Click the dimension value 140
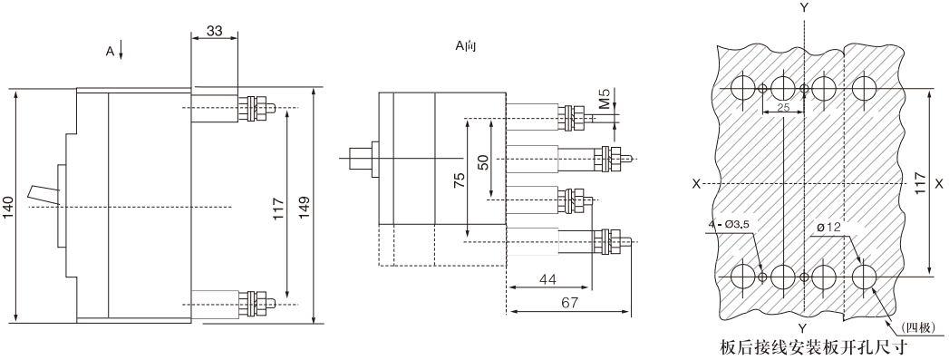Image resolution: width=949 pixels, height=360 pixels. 8,207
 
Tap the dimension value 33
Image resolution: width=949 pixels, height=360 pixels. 214,31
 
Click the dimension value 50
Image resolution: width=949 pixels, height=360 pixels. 483,162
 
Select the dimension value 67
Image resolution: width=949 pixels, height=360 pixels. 569,303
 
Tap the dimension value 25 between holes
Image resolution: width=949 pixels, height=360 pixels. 783,107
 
